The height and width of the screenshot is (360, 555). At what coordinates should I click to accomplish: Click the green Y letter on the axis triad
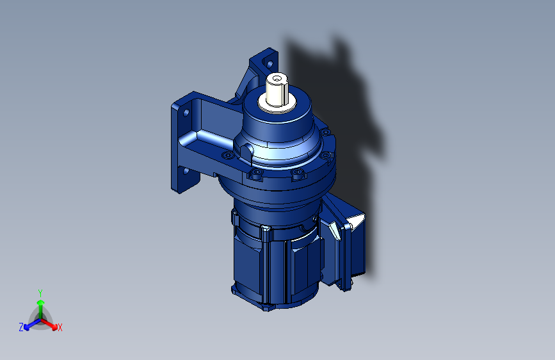40,293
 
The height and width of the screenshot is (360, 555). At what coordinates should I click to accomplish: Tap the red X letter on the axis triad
60,327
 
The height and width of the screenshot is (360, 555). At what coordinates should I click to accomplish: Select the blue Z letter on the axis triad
21,327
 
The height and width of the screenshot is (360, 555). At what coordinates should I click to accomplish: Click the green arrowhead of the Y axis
41,302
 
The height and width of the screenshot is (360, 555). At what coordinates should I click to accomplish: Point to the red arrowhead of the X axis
54,327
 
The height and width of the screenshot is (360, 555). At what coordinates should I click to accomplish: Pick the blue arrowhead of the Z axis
27,327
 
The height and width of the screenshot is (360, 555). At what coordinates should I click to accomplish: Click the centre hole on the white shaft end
277,79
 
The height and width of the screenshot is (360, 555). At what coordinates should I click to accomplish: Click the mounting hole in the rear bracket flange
269,64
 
